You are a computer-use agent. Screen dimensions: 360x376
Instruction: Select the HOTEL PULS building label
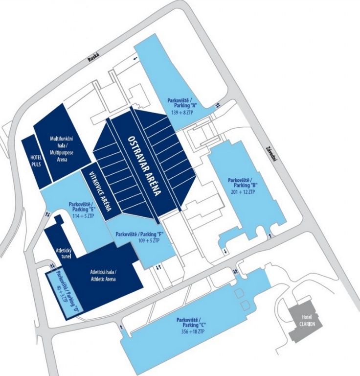click(36, 161)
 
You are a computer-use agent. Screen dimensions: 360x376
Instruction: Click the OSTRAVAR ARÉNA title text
click(144, 166)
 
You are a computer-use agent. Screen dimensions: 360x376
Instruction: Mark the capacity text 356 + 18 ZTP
click(192, 331)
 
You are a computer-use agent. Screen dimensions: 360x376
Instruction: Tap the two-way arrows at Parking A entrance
click(218, 105)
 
